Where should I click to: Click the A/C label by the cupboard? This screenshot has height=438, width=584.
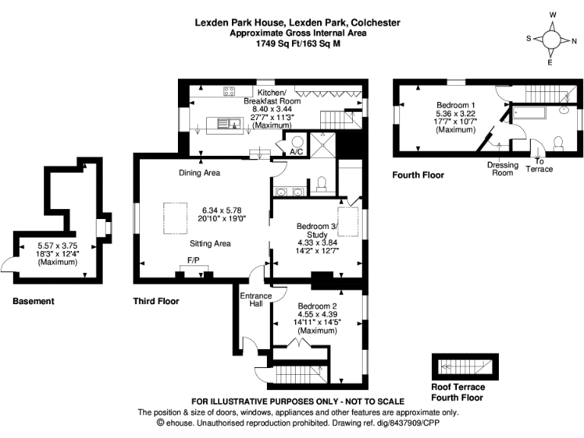pyautogui.click(x=297, y=152)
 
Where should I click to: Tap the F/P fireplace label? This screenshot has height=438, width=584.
pyautogui.click(x=193, y=260)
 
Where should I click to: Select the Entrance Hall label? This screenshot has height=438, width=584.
pyautogui.click(x=255, y=300)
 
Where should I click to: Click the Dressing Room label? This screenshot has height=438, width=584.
pyautogui.click(x=503, y=169)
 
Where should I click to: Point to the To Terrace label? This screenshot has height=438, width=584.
pyautogui.click(x=539, y=165)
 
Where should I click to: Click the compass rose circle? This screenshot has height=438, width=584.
pyautogui.click(x=551, y=40)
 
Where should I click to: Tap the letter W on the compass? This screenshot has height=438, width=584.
pyautogui.click(x=553, y=15)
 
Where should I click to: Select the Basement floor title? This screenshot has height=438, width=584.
pyautogui.click(x=33, y=301)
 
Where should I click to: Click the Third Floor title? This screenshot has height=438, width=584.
pyautogui.click(x=156, y=301)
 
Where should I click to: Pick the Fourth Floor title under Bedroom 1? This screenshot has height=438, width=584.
pyautogui.click(x=418, y=175)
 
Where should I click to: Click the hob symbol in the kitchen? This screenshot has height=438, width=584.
pyautogui.click(x=229, y=91)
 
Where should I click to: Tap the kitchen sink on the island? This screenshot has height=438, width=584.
pyautogui.click(x=228, y=123)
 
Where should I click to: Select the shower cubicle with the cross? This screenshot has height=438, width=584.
pyautogui.click(x=322, y=144)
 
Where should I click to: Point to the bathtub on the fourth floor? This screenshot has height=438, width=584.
pyautogui.click(x=529, y=113)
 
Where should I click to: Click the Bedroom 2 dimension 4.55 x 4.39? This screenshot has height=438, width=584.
pyautogui.click(x=317, y=314)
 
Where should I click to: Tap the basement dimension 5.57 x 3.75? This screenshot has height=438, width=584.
pyautogui.click(x=57, y=246)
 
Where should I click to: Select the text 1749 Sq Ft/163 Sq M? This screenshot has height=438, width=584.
pyautogui.click(x=298, y=43)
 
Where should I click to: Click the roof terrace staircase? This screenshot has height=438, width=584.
pyautogui.click(x=465, y=367)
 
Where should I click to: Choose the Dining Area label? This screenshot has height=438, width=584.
pyautogui.click(x=199, y=173)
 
